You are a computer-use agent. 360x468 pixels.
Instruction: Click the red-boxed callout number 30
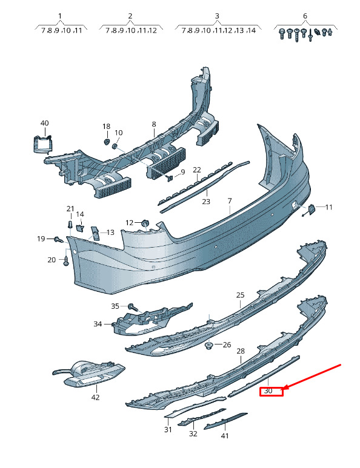pos(268,391)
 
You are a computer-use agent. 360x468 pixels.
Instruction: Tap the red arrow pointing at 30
pos(312,377)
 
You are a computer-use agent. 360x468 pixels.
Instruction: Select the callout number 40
pos(44,123)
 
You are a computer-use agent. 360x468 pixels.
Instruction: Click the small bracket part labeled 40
pos(42,144)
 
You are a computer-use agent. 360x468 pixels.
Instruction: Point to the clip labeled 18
pos(106,141)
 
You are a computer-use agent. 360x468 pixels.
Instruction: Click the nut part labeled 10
pos(115,147)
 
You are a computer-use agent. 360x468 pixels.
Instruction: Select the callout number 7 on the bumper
pos(230,201)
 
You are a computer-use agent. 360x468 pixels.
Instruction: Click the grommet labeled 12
pos(145,223)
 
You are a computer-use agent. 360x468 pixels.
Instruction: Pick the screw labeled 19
pos(58,239)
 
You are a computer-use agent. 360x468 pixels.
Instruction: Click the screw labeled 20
pos(66,261)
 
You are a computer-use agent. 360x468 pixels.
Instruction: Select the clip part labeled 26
pos(208,346)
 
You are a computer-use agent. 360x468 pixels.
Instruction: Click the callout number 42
pos(95,397)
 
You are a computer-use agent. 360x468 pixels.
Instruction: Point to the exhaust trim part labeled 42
pos(89,374)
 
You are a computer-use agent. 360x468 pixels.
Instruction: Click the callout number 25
pos(240,295)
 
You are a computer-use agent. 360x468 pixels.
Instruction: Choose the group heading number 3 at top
pos(217,16)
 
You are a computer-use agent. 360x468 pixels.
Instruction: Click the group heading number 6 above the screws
pos(305,16)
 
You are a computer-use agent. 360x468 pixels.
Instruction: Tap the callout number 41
pos(225,436)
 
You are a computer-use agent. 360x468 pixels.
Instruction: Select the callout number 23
pos(206,202)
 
